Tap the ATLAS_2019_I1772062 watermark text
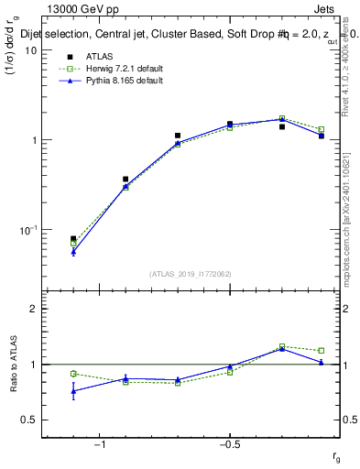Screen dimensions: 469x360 tap(191, 273)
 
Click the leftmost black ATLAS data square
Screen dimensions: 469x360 tap(73, 239)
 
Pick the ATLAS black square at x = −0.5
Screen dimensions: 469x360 tap(230, 124)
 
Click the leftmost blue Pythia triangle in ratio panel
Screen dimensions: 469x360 tap(73, 391)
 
